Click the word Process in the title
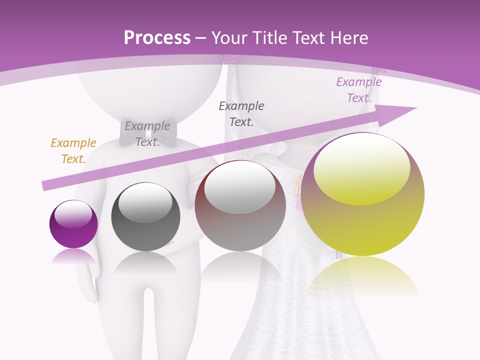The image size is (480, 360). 157,37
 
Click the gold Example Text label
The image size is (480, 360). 73,151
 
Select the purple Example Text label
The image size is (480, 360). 359,90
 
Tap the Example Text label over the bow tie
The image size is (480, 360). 147,134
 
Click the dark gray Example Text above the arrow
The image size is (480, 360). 241,113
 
